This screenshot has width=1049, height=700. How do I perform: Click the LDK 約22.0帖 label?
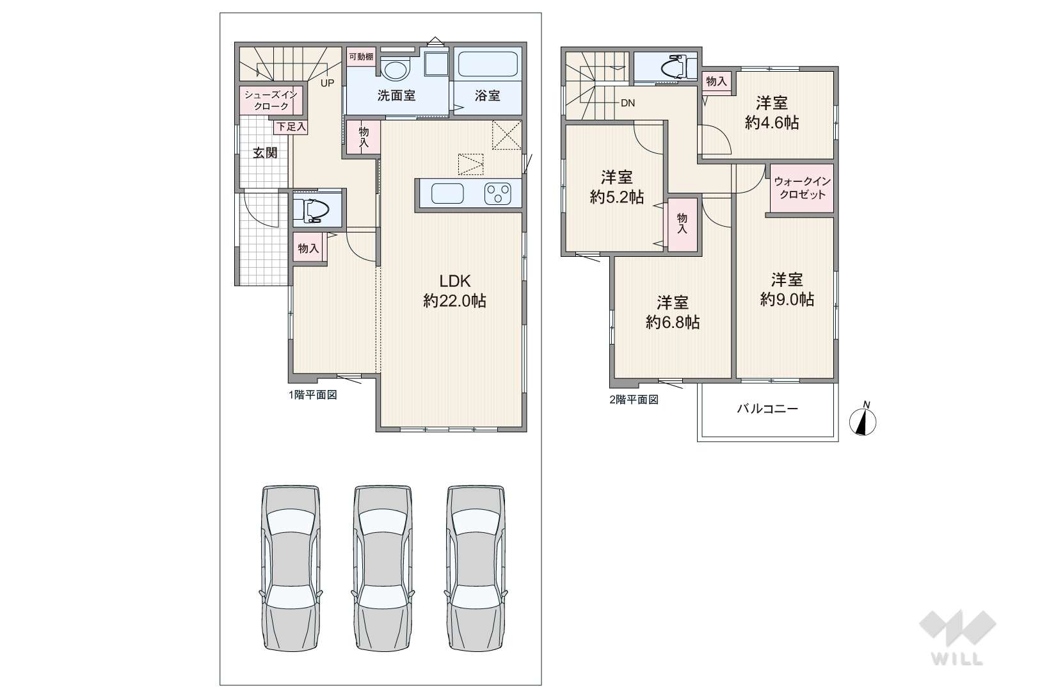454,291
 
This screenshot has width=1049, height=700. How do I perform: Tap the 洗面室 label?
397,95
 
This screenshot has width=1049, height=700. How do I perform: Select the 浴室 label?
488,95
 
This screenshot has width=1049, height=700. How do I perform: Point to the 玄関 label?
265,152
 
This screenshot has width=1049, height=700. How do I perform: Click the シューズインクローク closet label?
271,101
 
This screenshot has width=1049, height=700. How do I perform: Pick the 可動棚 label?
361,57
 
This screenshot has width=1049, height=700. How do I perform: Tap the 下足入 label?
291,127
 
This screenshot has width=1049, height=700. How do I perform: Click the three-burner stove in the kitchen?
498,193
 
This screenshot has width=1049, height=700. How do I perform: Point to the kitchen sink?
447,193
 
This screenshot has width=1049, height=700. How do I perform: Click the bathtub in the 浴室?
488,64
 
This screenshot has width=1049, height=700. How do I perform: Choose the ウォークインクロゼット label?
802,188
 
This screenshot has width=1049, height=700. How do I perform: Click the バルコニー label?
767,409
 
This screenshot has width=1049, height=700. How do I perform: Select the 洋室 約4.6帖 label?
772,113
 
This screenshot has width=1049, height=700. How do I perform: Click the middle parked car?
383,568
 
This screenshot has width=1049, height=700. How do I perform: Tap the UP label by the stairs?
327,83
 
